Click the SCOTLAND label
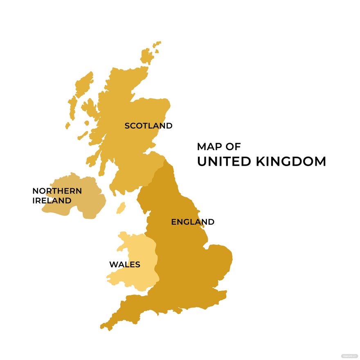[148, 126]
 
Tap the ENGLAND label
[192, 222]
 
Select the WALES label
[124, 265]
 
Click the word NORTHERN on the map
[57, 191]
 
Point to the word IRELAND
[52, 201]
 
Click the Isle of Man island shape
[121, 208]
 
